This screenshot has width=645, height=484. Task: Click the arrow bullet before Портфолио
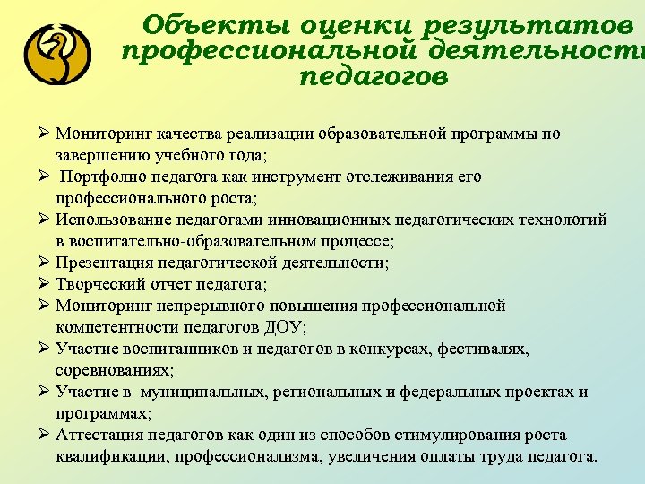pyautogui.click(x=42, y=177)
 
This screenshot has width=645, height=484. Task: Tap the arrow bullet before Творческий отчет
pyautogui.click(x=42, y=284)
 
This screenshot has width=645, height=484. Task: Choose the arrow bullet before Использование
pyautogui.click(x=42, y=220)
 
